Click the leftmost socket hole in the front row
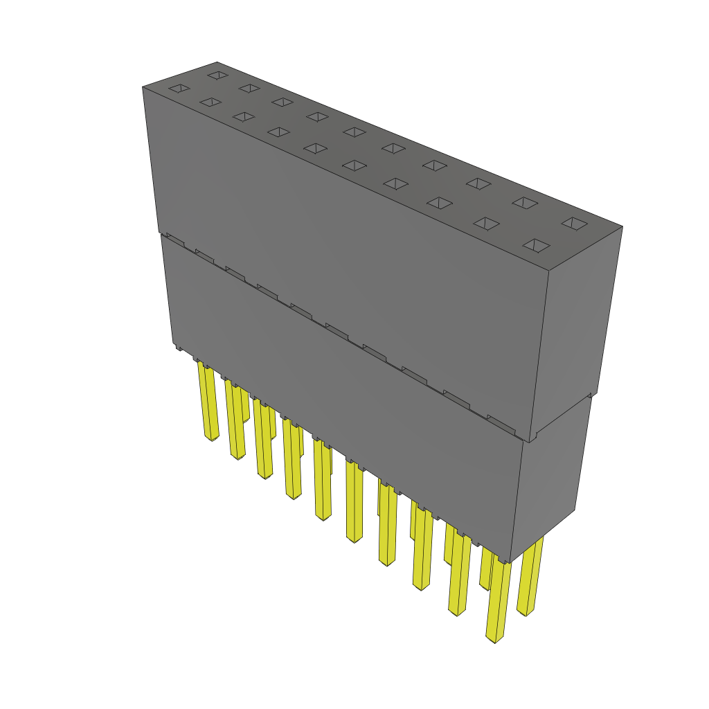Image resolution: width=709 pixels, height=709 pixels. point(179,88)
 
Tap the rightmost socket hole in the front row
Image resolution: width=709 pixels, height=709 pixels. point(537,246)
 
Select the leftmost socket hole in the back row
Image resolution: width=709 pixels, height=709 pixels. point(217,75)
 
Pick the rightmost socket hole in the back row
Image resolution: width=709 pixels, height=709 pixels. point(574,224)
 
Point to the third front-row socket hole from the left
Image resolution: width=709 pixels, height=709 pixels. point(244,116)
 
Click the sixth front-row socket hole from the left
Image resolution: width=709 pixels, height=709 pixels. point(354,165)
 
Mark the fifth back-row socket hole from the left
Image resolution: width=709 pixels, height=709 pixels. point(354,132)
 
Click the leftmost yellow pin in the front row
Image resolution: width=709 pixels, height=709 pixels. point(208,402)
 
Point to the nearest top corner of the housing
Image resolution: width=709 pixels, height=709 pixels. point(548,271)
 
